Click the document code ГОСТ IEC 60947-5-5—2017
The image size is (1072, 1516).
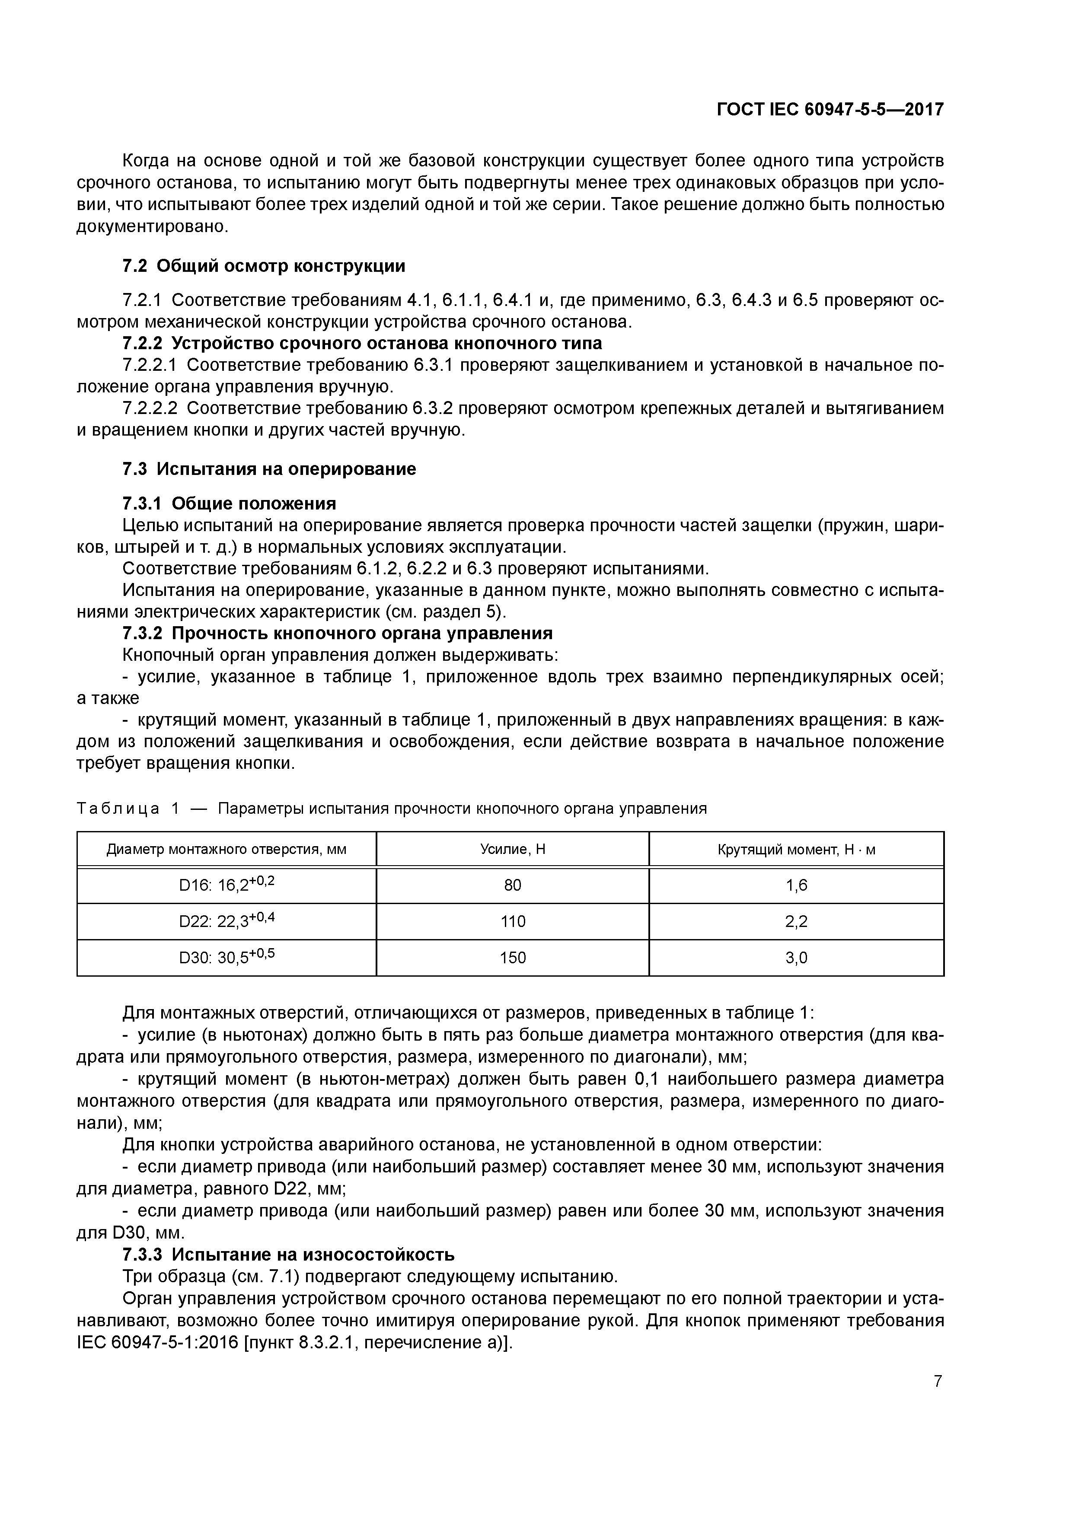830,110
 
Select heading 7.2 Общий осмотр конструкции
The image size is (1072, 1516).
264,266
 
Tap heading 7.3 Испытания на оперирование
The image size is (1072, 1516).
269,469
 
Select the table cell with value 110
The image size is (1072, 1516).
513,921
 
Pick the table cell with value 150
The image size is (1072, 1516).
513,957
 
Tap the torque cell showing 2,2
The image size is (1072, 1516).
797,921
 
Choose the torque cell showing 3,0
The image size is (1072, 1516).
797,957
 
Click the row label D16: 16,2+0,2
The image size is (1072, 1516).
227,884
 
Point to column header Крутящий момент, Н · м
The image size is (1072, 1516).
797,849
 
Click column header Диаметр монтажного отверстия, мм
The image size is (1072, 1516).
227,849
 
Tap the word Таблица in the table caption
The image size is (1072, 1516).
118,809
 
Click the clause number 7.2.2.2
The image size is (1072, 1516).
150,409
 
